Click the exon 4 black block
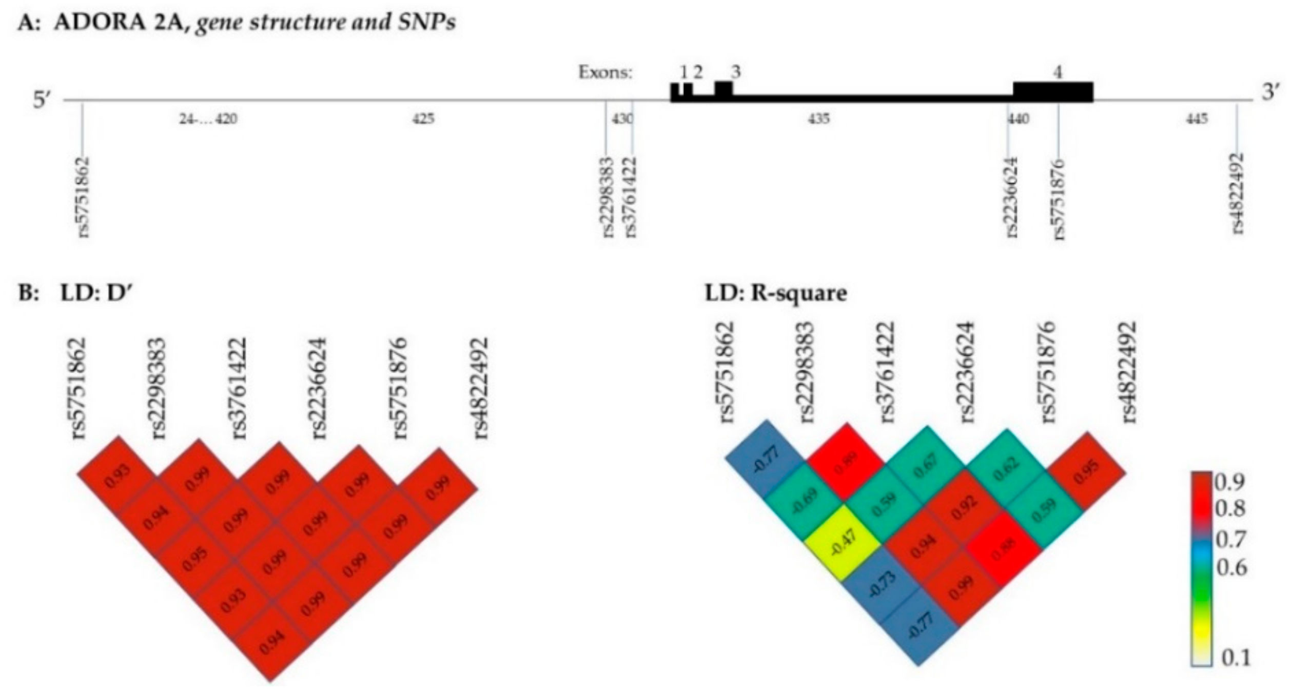pyautogui.click(x=1053, y=92)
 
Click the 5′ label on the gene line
pyautogui.click(x=41, y=100)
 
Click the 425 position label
pyautogui.click(x=423, y=120)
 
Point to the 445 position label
pyautogui.click(x=1197, y=120)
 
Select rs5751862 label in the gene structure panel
pyautogui.click(x=84, y=197)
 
